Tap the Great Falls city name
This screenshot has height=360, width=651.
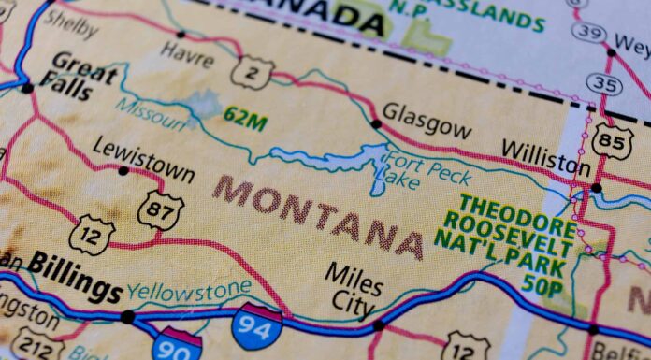[83, 76]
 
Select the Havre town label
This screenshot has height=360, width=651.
[186, 54]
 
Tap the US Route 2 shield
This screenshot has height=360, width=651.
[253, 72]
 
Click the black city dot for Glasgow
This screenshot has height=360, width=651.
[376, 123]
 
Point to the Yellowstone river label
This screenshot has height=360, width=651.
[189, 292]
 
